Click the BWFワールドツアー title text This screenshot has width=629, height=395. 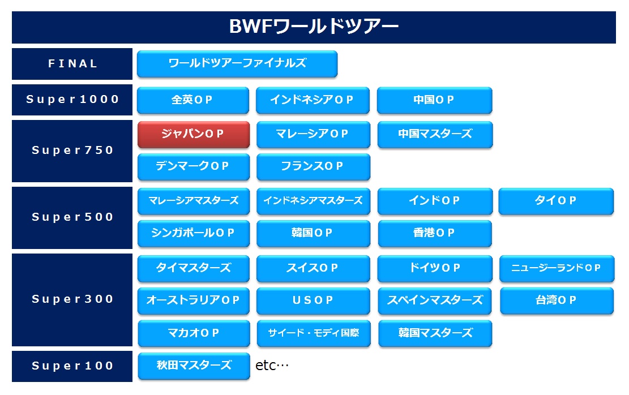pyautogui.click(x=314, y=27)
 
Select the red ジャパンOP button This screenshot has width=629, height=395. pyautogui.click(x=194, y=134)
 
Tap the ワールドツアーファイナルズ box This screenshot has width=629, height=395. pyautogui.click(x=237, y=63)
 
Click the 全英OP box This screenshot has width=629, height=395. pyautogui.click(x=193, y=100)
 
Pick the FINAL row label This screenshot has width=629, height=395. pyautogui.click(x=72, y=64)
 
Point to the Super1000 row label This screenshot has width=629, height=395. pyautogui.click(x=72, y=100)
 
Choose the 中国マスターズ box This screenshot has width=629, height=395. pyautogui.click(x=435, y=134)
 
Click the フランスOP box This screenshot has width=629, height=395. pyautogui.click(x=313, y=166)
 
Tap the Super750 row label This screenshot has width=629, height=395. pyautogui.click(x=72, y=151)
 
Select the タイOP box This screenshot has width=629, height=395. pyautogui.click(x=556, y=201)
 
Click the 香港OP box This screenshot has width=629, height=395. pyautogui.click(x=434, y=233)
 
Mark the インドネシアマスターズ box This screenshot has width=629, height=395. pyautogui.click(x=313, y=201)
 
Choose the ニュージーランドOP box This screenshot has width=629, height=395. pyautogui.click(x=557, y=268)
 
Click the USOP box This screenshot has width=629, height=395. pyautogui.click(x=313, y=300)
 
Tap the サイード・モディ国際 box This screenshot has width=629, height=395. pyautogui.click(x=313, y=333)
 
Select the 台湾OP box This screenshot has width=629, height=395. pyautogui.click(x=557, y=300)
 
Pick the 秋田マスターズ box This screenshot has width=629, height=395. pyautogui.click(x=194, y=366)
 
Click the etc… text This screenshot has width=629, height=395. pyautogui.click(x=272, y=366)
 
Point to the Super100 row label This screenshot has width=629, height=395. pyautogui.click(x=72, y=366)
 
